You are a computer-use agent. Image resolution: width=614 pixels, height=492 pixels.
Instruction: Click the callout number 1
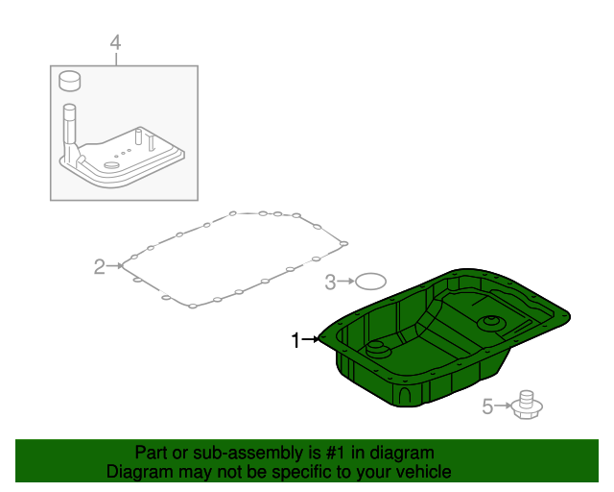tap(297, 339)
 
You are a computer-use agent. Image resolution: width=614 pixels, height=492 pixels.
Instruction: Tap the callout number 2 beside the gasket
tap(99, 266)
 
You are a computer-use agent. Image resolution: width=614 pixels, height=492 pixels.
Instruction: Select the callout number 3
tap(330, 282)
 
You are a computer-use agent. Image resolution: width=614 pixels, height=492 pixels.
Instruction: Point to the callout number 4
tap(115, 42)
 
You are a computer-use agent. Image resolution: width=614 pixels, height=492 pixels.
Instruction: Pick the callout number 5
tap(487, 407)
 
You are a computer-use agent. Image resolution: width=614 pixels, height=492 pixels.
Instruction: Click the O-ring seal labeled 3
tap(370, 282)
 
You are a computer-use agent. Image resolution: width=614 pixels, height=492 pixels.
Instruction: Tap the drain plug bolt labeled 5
tap(525, 406)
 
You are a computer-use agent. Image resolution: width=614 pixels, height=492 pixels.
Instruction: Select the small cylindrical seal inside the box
tap(69, 80)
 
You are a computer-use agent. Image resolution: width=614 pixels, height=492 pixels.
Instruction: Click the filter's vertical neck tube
tap(70, 125)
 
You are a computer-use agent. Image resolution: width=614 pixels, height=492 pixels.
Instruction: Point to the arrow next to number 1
tap(314, 339)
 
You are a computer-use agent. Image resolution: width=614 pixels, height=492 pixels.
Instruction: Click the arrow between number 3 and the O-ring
tap(346, 282)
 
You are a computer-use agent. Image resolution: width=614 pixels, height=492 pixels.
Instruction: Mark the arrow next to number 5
tap(502, 407)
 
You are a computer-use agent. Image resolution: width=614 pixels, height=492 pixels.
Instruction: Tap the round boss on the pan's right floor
tap(492, 321)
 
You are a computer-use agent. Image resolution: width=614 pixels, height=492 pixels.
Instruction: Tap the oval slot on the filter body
tap(112, 165)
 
